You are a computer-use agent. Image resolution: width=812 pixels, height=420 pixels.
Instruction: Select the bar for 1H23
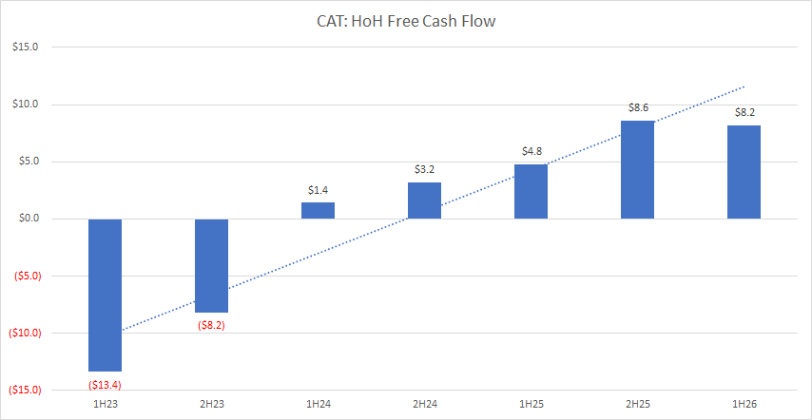(x=105, y=295)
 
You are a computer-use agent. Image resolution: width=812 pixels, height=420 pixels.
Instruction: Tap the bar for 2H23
(x=211, y=265)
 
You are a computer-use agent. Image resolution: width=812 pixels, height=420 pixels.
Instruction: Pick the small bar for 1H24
(x=318, y=210)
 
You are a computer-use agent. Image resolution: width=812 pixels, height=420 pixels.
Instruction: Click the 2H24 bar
(x=424, y=200)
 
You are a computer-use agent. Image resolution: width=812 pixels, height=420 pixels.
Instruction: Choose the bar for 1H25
(x=531, y=191)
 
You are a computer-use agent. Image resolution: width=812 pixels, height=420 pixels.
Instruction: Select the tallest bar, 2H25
(x=637, y=169)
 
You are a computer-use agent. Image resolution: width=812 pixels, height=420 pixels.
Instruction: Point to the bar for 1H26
(x=744, y=172)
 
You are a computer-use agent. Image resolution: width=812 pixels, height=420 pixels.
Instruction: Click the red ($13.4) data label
(x=105, y=384)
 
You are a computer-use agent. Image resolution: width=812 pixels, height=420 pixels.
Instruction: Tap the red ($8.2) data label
(x=211, y=325)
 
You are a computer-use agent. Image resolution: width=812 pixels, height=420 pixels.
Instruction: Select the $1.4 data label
(x=318, y=190)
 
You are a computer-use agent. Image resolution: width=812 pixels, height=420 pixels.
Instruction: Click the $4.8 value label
(x=531, y=151)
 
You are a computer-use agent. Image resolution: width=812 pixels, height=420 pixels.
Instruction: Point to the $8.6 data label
(x=637, y=108)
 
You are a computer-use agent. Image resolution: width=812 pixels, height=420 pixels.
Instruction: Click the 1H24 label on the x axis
(x=318, y=405)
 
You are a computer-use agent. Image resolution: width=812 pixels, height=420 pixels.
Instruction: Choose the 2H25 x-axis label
(x=637, y=405)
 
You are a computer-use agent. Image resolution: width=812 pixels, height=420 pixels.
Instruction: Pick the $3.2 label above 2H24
(x=424, y=169)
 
